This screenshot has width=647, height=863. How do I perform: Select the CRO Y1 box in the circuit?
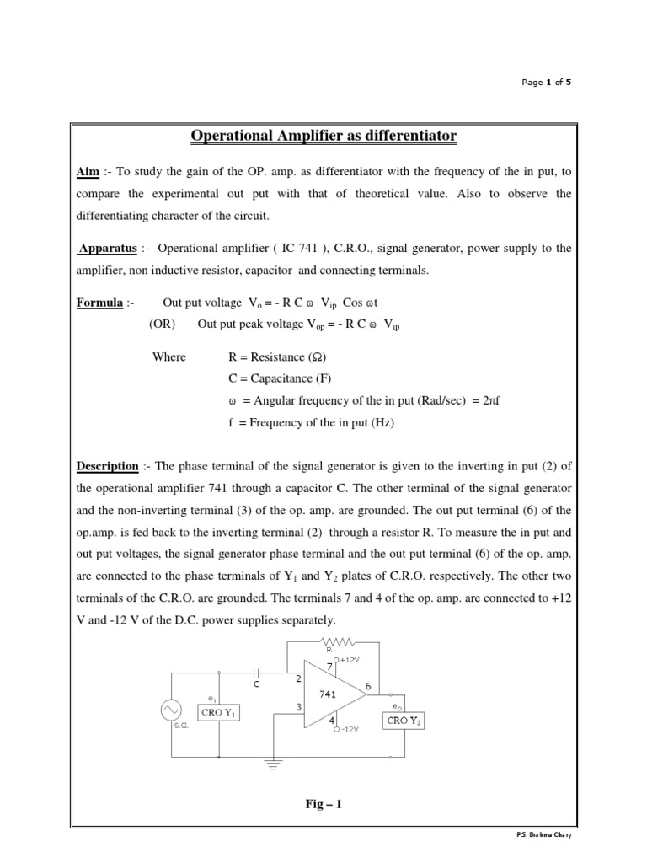(x=219, y=713)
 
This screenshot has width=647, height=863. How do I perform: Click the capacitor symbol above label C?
(x=257, y=673)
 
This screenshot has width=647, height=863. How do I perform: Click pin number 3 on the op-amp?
(x=299, y=708)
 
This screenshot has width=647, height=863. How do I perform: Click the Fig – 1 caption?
(x=323, y=804)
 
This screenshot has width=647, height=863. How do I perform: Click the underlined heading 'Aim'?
(x=88, y=171)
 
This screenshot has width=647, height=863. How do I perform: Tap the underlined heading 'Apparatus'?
(x=105, y=248)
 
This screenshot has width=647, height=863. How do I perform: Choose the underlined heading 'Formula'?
(x=99, y=303)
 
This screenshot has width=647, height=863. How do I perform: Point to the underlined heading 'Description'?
(x=108, y=465)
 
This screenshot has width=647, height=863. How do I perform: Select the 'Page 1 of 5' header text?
(x=547, y=83)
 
